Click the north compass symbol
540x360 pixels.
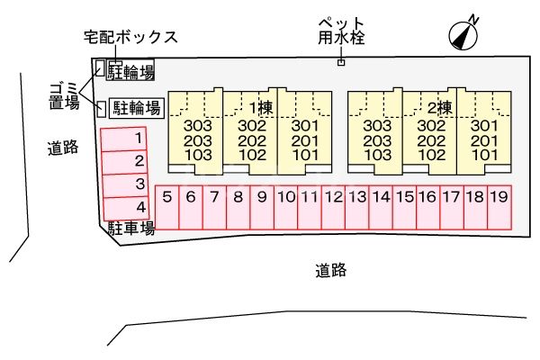tap(463, 33)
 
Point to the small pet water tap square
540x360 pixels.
tap(340, 62)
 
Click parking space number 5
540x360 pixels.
tap(167, 196)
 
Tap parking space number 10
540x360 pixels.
tap(286, 196)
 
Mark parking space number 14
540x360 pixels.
tap(380, 196)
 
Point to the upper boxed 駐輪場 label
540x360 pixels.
tap(131, 70)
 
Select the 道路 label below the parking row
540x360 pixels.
tap(330, 269)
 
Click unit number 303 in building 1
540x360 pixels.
tap(195, 126)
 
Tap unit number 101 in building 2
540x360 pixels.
tap(484, 154)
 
